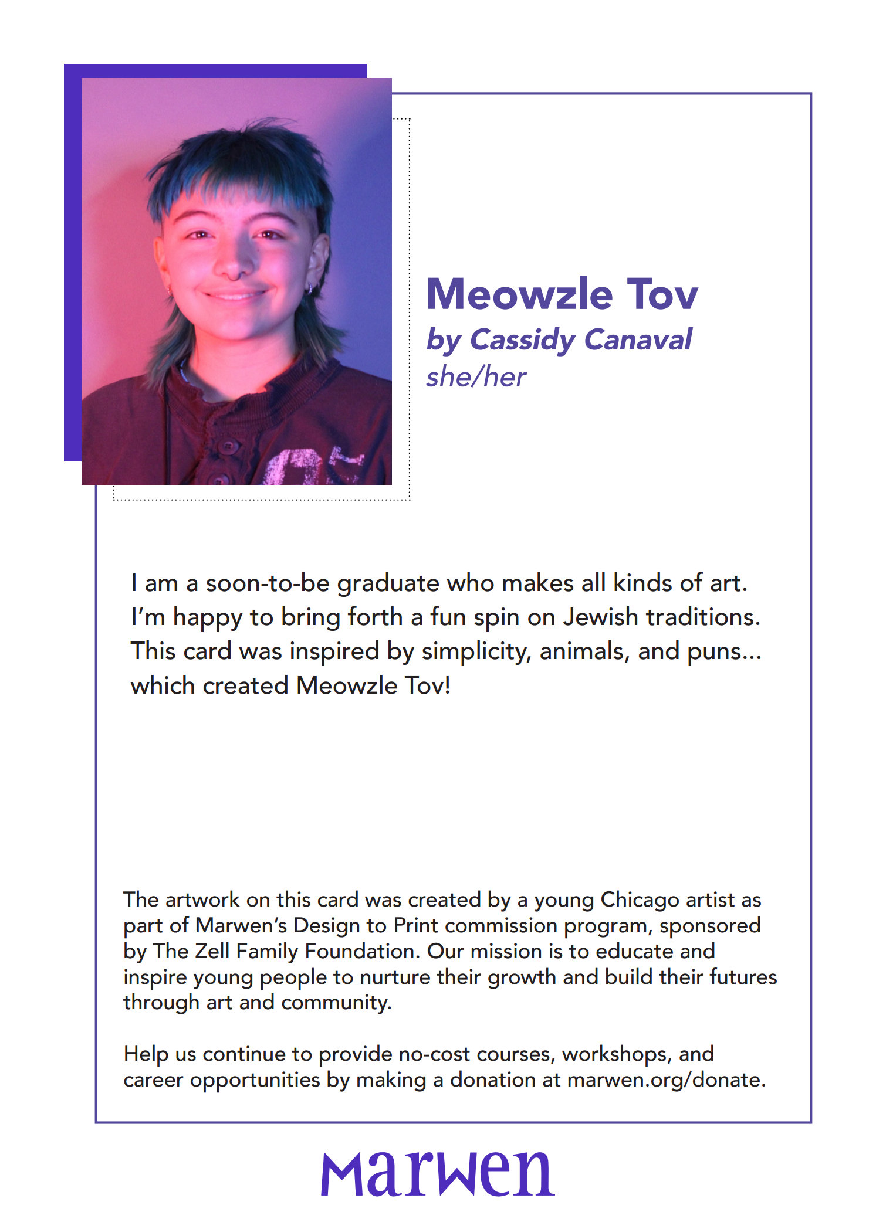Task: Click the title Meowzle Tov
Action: pyautogui.click(x=562, y=294)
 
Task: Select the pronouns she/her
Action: pyautogui.click(x=476, y=377)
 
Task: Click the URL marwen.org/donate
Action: pyautogui.click(x=666, y=1079)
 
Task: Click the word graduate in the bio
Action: pyautogui.click(x=388, y=583)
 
